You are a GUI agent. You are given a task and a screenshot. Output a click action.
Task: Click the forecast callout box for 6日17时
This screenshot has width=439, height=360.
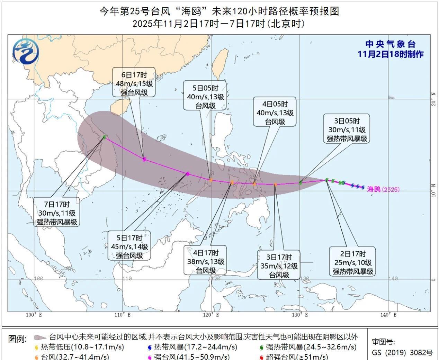tap(134, 83)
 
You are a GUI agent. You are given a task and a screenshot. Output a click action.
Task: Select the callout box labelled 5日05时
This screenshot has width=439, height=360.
tap(205, 97)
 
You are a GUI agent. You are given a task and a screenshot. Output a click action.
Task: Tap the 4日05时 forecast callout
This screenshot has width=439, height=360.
tap(275, 112)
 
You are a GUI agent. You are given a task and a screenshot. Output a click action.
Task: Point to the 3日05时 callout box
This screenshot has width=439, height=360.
tap(347, 130)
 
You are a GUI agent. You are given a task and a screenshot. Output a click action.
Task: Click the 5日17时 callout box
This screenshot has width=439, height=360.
tap(129, 246)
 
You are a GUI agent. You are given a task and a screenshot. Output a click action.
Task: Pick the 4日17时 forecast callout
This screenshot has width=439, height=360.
tap(206, 261)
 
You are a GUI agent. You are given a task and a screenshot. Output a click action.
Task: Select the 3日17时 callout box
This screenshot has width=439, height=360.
tap(279, 266)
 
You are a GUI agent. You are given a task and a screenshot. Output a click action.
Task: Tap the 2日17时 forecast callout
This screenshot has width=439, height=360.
tap(353, 262)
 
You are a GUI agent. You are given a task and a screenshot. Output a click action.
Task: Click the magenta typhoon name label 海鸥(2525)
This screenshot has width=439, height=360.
tap(383, 189)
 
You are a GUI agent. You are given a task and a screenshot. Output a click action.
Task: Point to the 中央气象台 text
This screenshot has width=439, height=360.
tap(390, 44)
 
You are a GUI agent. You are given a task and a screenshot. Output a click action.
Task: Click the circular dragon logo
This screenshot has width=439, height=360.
tap(26, 52)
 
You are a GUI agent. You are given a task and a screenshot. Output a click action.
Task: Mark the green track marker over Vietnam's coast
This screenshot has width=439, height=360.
tap(104, 137)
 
